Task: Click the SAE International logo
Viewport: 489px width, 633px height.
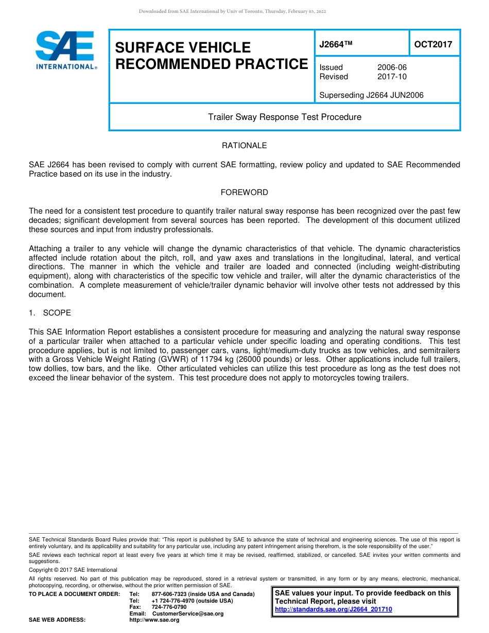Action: [65, 50]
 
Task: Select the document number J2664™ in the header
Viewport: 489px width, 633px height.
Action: [336, 44]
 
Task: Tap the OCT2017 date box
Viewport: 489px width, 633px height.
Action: [433, 44]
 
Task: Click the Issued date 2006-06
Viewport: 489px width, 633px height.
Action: [392, 67]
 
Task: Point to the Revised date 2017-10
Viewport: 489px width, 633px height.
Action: [392, 77]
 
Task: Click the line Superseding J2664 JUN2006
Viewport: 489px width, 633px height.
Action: [371, 95]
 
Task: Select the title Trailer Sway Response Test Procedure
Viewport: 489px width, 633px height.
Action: [284, 117]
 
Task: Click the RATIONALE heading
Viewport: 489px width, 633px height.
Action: [244, 146]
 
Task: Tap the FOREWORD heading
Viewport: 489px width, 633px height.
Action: [244, 192]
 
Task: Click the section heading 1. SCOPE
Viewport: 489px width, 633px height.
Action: [50, 313]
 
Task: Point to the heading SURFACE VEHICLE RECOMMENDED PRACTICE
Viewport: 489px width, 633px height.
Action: [211, 56]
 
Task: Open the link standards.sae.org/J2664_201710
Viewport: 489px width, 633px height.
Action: [334, 609]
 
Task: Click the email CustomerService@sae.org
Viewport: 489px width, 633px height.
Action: [187, 613]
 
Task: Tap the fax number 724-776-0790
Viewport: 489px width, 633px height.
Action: [169, 607]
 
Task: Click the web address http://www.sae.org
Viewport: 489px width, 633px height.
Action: [154, 620]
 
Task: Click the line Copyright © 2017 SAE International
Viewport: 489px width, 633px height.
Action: [73, 570]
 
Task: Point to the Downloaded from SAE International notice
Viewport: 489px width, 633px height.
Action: [232, 11]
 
